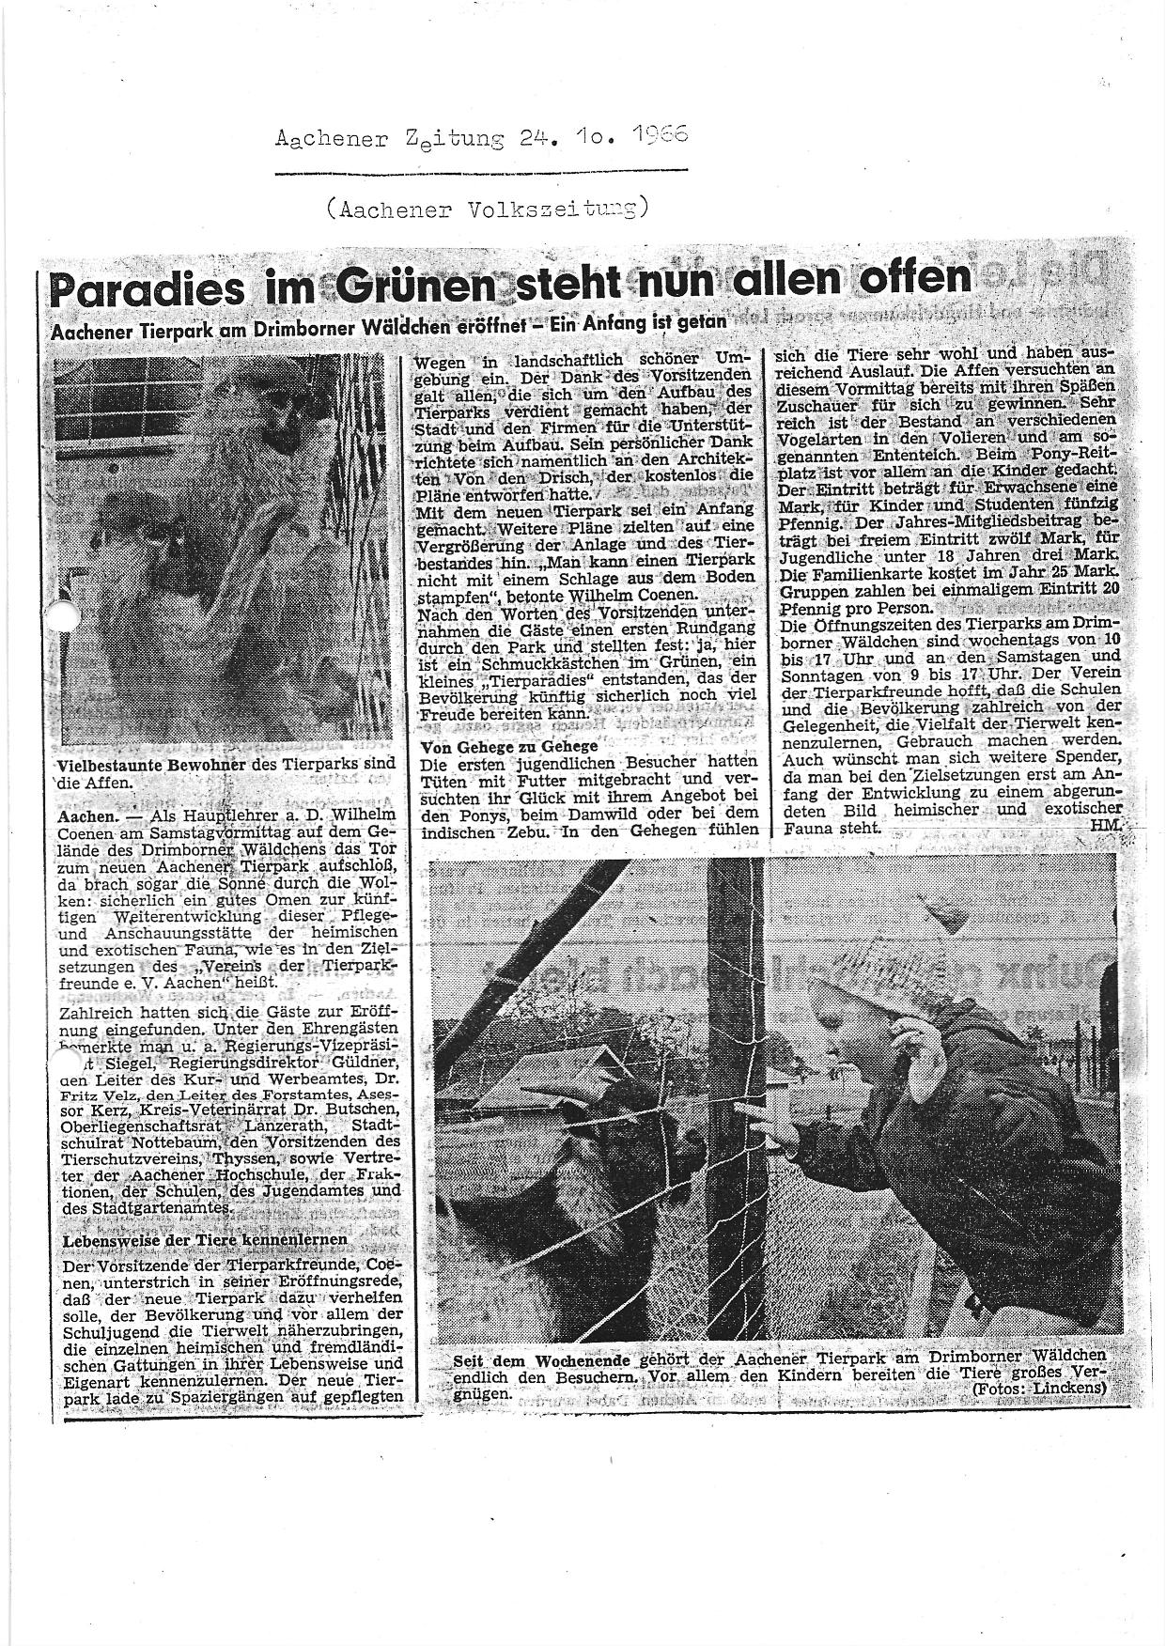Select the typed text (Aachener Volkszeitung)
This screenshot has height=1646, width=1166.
(x=487, y=210)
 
